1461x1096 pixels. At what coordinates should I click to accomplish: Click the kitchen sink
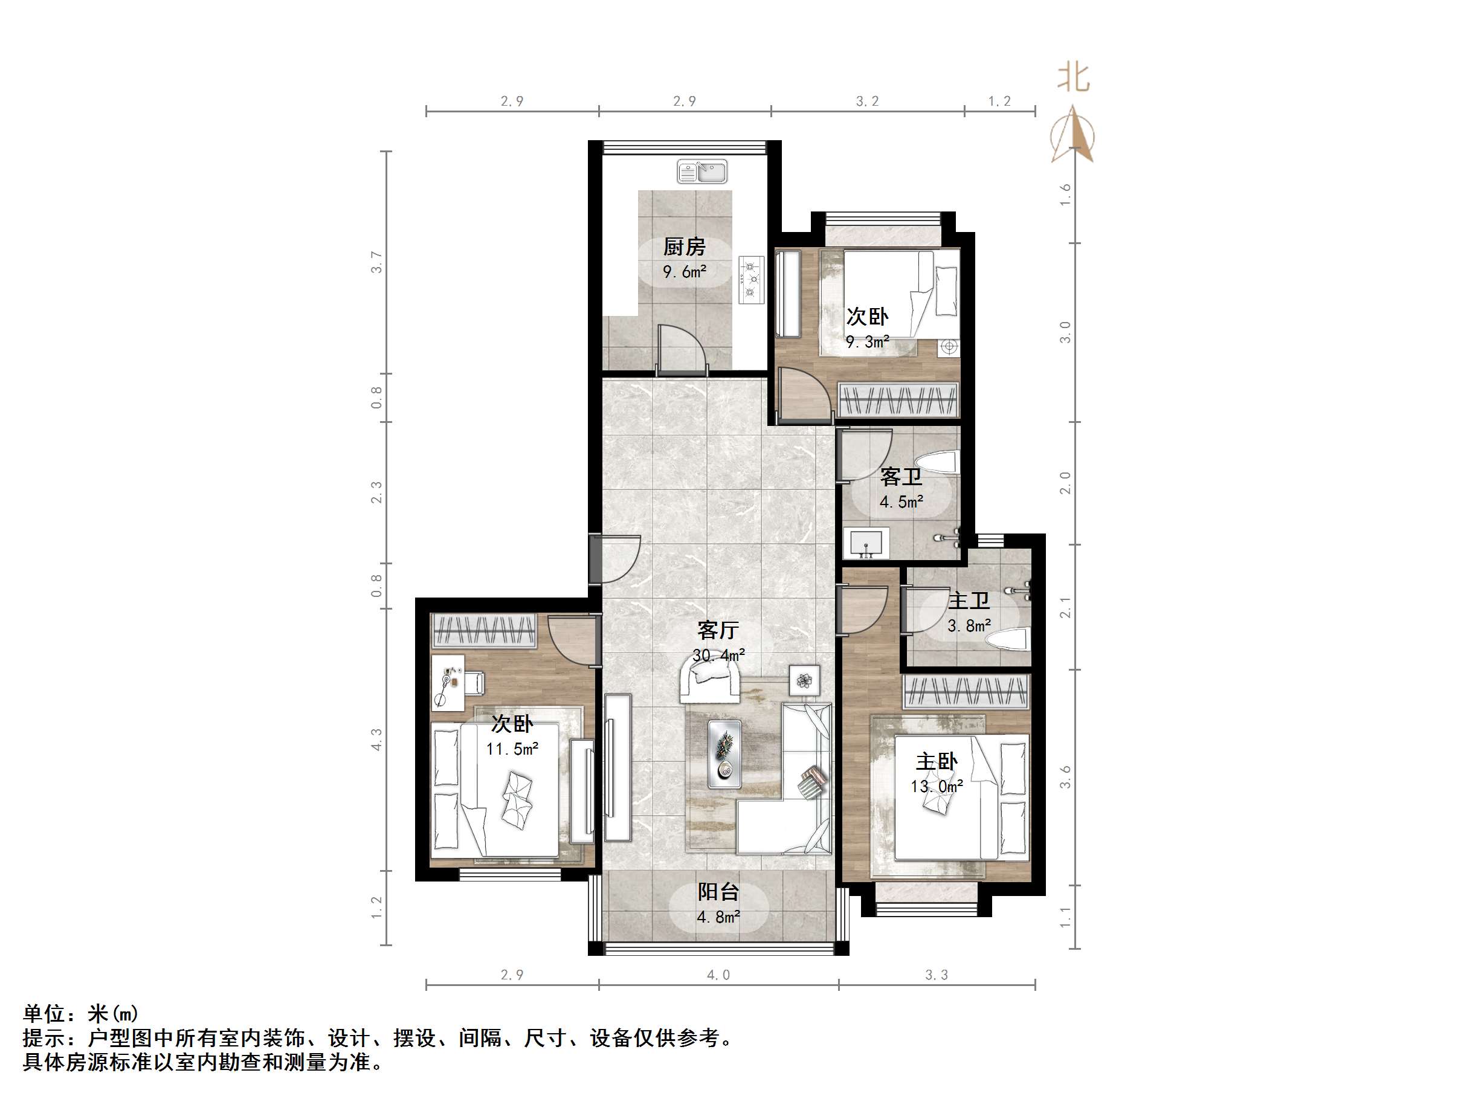701,172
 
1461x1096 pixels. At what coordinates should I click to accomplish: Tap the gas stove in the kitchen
752,280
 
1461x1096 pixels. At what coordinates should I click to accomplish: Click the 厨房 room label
684,247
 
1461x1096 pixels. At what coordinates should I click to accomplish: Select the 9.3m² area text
867,341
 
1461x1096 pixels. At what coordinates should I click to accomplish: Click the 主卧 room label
936,762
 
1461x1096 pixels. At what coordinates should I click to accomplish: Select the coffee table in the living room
724,754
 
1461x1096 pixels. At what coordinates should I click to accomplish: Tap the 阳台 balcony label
718,892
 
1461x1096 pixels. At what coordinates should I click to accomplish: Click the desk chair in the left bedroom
474,683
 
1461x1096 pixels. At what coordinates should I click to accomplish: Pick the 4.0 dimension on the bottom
718,975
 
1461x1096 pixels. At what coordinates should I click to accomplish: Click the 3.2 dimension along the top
867,101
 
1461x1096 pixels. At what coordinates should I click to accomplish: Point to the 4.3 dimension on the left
376,740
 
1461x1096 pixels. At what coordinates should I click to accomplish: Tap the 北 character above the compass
1073,77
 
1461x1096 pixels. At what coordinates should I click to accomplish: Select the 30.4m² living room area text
718,655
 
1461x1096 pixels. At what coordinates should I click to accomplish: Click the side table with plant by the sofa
804,680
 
